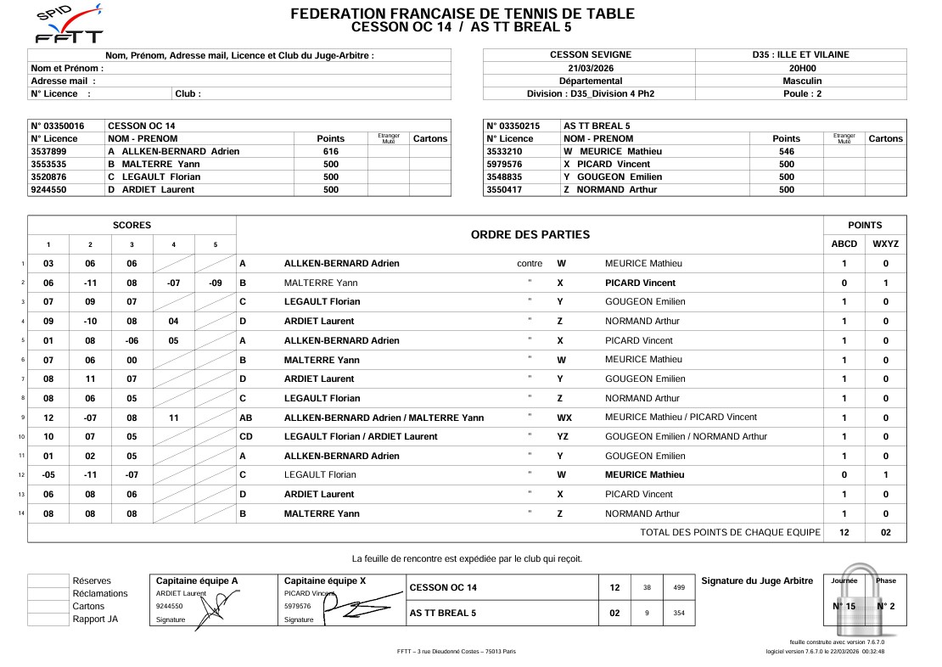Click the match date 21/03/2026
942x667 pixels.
coord(590,68)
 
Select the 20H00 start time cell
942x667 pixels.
coord(801,68)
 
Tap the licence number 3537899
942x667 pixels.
coord(54,152)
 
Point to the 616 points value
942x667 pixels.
coord(330,152)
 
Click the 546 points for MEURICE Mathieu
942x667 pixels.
coord(786,152)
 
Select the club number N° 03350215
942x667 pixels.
coord(514,126)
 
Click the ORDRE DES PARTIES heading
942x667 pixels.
coord(530,234)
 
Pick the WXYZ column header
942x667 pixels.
coord(885,244)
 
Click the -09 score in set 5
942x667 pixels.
coord(215,283)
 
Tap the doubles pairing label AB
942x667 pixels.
coord(246,418)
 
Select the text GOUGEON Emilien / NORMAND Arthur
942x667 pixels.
coord(685,436)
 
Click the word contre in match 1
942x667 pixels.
coord(530,264)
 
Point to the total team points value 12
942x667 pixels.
coord(844,532)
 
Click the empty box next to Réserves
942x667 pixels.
coord(48,581)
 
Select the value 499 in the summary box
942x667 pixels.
coord(678,587)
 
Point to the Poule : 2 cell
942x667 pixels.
coord(801,93)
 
